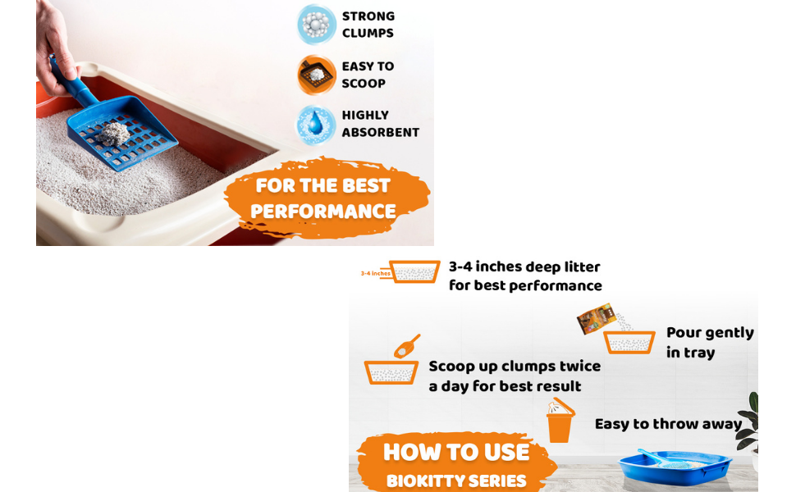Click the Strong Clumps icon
316,25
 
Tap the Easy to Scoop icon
316,75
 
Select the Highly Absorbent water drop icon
316,125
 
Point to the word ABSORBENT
381,133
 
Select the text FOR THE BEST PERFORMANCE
323,198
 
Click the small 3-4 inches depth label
374,273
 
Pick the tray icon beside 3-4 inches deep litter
415,271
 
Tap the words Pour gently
710,333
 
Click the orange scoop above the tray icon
407,346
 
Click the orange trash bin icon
560,422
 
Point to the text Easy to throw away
668,424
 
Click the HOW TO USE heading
456,453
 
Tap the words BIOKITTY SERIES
456,481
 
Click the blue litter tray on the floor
676,468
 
